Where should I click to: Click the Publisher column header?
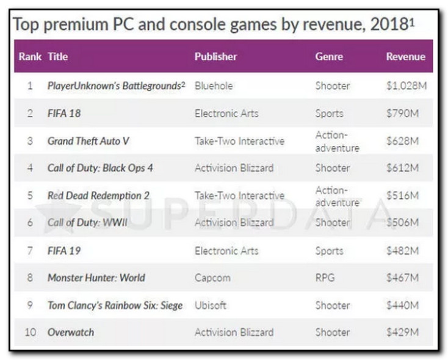click(x=215, y=57)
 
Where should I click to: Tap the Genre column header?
click(x=329, y=57)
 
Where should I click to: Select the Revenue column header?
click(x=405, y=57)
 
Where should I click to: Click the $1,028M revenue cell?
click(x=406, y=86)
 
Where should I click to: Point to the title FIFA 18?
click(x=64, y=113)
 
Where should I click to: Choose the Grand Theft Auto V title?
click(x=89, y=141)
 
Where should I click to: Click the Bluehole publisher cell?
click(x=214, y=86)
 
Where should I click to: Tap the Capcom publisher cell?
click(x=212, y=278)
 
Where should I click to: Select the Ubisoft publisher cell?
click(x=211, y=305)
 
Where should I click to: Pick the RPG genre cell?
click(x=325, y=278)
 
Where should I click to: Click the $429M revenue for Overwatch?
click(x=402, y=333)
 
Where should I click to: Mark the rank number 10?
click(x=30, y=333)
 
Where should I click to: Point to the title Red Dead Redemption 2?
click(x=98, y=196)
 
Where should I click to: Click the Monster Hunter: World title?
click(x=96, y=278)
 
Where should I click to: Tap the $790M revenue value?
click(x=402, y=113)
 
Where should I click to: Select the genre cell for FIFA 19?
click(x=329, y=251)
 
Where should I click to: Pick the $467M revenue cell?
click(x=402, y=278)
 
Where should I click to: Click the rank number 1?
click(x=30, y=86)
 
